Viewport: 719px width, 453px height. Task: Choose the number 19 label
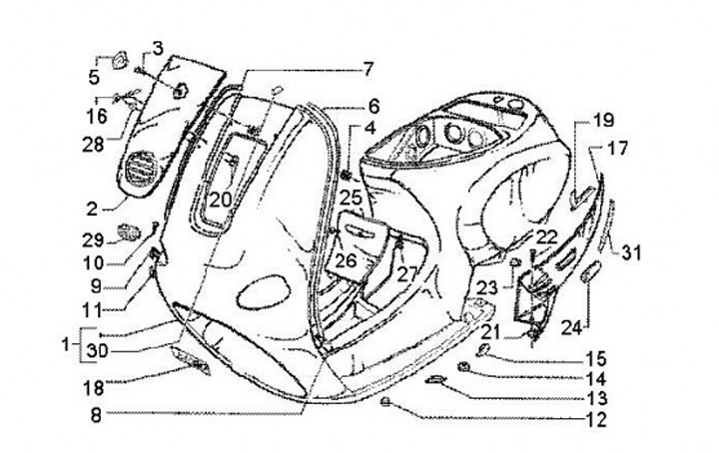click(605, 122)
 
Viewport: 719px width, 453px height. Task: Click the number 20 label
click(220, 200)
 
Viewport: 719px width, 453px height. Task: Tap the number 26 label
click(346, 260)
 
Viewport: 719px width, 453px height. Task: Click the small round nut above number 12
click(385, 402)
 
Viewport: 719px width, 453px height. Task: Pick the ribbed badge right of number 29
click(129, 233)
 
